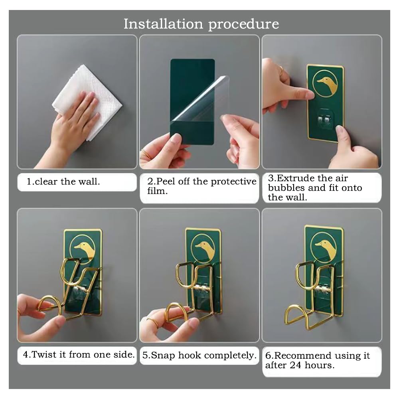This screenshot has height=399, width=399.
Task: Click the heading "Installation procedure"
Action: [201, 24]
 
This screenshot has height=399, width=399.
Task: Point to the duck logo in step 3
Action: [325, 83]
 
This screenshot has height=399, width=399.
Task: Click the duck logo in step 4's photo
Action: [83, 249]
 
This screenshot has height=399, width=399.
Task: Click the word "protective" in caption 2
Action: [233, 182]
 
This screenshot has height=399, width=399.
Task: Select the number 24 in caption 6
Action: [296, 365]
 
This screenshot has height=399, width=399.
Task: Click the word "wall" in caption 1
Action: [89, 182]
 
